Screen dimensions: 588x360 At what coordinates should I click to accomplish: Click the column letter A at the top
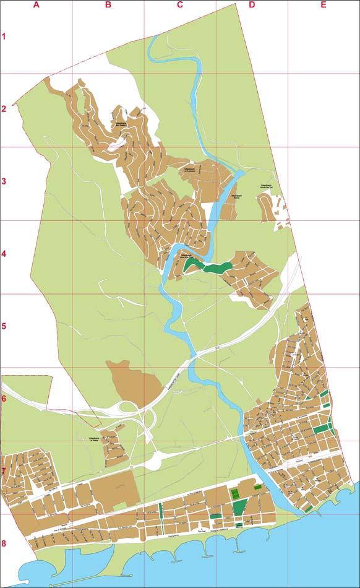[x=36, y=5]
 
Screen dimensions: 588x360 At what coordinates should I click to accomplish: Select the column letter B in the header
[x=108, y=5]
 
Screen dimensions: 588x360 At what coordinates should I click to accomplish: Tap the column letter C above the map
[x=180, y=5]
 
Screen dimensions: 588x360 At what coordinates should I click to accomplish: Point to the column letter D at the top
[x=251, y=5]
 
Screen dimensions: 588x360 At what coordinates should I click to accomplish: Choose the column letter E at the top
[x=323, y=5]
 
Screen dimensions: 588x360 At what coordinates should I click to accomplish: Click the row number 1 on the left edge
[x=4, y=37]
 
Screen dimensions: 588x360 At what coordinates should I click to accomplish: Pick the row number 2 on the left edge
[x=4, y=110]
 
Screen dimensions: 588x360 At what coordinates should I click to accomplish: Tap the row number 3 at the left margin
[x=4, y=182]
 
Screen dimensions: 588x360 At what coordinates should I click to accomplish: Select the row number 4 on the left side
[x=4, y=254]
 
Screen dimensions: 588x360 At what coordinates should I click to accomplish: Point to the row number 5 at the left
[x=4, y=326]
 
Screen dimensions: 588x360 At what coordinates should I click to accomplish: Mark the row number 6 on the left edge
[x=4, y=399]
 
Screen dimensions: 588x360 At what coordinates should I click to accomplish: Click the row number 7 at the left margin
[x=4, y=471]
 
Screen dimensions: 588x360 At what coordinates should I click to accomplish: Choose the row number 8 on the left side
[x=4, y=544]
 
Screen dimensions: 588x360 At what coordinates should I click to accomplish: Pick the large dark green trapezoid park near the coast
[x=239, y=507]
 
